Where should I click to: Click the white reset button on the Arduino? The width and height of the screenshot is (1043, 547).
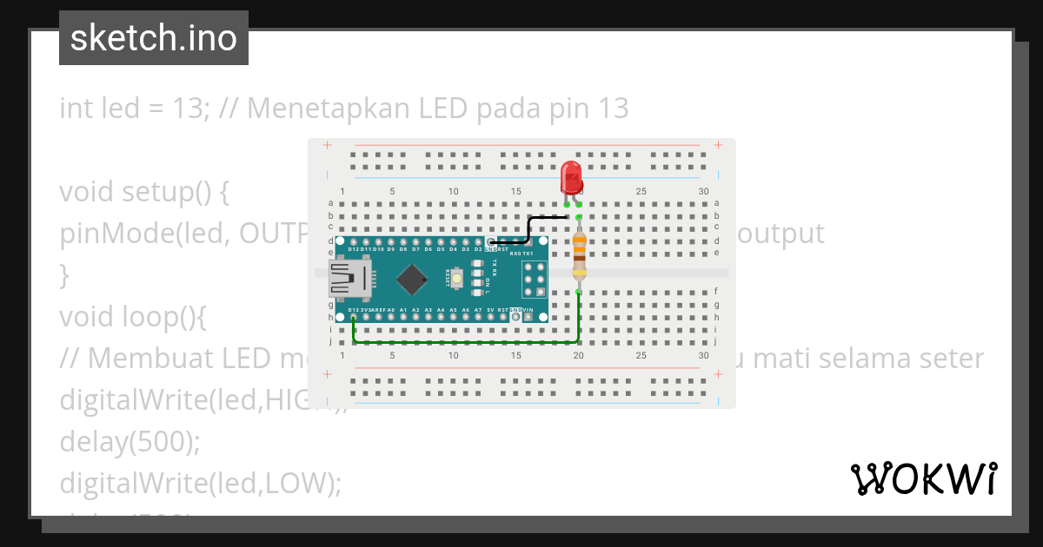coord(455,278)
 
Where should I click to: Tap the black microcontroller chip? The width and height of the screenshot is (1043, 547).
coord(411,279)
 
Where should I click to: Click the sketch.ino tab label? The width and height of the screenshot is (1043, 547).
coord(154,38)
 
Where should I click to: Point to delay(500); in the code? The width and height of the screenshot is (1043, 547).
coord(130,442)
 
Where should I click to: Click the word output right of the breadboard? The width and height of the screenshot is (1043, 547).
coord(781,234)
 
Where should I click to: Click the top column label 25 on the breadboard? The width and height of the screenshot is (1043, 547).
coord(641,191)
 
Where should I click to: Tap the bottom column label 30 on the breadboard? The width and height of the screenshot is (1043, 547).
coord(703,355)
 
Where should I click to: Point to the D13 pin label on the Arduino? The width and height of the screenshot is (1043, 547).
coord(354,310)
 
